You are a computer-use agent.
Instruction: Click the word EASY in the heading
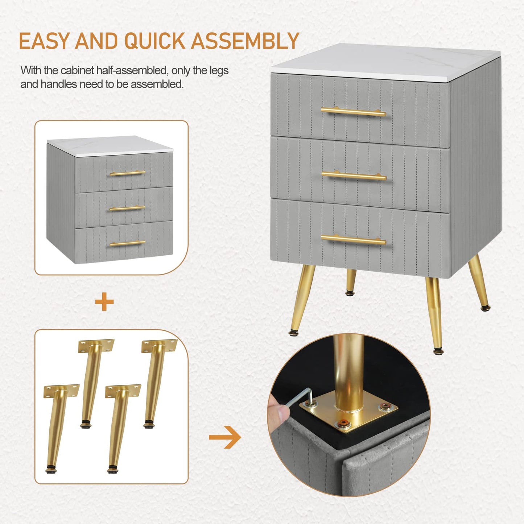pyautogui.click(x=44, y=41)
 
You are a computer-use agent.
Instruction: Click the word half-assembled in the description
pyautogui.click(x=132, y=70)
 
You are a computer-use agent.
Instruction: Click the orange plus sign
pyautogui.click(x=104, y=302)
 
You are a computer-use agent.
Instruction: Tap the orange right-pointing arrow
pyautogui.click(x=225, y=438)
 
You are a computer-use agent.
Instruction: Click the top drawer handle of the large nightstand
pyautogui.click(x=353, y=112)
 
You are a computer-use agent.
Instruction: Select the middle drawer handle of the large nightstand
pyautogui.click(x=354, y=176)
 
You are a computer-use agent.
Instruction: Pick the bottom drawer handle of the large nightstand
pyautogui.click(x=353, y=240)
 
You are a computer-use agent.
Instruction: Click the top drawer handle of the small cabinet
pyautogui.click(x=128, y=173)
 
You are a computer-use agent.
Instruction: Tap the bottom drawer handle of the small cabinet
pyautogui.click(x=128, y=243)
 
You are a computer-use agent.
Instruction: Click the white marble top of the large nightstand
pyautogui.click(x=385, y=62)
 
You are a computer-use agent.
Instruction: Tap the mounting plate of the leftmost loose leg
pyautogui.click(x=61, y=391)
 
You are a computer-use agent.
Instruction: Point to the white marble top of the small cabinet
pyautogui.click(x=110, y=146)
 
